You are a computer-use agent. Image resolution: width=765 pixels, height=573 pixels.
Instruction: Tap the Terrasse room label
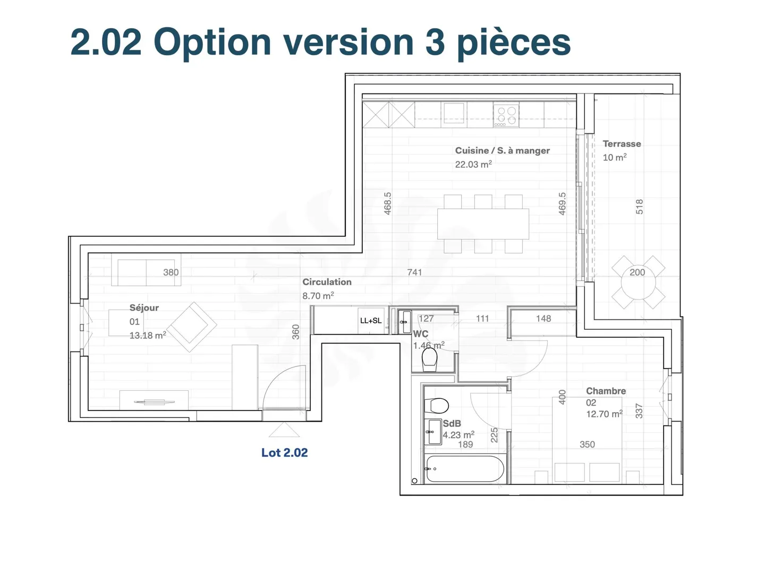pyautogui.click(x=622, y=144)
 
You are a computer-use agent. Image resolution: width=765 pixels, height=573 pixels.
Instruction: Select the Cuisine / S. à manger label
pyautogui.click(x=502, y=150)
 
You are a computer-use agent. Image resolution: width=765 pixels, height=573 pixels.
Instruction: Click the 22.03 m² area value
pyautogui.click(x=473, y=165)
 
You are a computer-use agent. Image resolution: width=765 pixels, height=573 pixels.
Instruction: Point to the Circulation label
pyautogui.click(x=327, y=282)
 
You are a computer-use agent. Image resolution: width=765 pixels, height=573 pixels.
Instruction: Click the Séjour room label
pyautogui.click(x=144, y=308)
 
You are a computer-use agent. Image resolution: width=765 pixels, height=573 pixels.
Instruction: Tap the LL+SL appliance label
pyautogui.click(x=371, y=320)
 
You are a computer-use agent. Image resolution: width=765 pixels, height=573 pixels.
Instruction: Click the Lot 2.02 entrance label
pyautogui.click(x=284, y=452)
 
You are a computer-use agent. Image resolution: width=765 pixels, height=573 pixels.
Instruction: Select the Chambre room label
pyautogui.click(x=606, y=391)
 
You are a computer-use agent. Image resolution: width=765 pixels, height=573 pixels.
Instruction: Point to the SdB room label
pyautogui.click(x=452, y=424)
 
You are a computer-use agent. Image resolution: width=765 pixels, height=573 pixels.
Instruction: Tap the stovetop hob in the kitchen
pyautogui.click(x=506, y=116)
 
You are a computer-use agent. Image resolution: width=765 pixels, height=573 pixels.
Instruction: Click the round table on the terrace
pyautogui.click(x=638, y=282)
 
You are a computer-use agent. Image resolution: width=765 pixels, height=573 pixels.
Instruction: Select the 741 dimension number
pyautogui.click(x=414, y=272)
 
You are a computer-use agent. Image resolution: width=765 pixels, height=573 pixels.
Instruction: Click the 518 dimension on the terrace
pyautogui.click(x=639, y=207)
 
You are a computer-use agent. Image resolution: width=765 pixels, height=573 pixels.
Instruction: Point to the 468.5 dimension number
pyautogui.click(x=388, y=203)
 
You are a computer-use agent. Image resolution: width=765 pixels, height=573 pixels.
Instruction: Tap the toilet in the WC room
pyautogui.click(x=429, y=360)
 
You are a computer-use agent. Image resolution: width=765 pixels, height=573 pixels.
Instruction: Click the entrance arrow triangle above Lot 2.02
pyautogui.click(x=284, y=430)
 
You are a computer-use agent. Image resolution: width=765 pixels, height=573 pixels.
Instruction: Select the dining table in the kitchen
pyautogui.click(x=483, y=224)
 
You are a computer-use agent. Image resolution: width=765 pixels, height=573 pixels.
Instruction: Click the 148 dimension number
pyautogui.click(x=543, y=319)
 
